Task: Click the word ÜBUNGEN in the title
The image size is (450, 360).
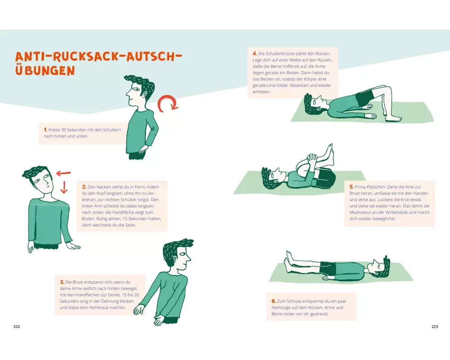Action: click(x=45, y=70)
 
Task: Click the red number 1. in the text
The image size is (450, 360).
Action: click(x=45, y=130)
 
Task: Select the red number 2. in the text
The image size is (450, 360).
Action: click(x=84, y=187)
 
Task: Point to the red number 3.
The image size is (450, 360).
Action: click(x=62, y=282)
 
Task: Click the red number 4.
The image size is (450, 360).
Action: click(x=255, y=54)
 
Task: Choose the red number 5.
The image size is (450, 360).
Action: click(x=351, y=187)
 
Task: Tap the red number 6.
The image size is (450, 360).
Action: click(x=274, y=301)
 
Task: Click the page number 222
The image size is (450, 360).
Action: click(x=17, y=326)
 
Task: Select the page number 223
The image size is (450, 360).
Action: click(x=435, y=326)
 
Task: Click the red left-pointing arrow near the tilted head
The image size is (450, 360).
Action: click(x=63, y=173)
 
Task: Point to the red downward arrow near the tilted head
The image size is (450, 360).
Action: click(x=64, y=187)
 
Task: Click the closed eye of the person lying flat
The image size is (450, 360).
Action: click(x=382, y=267)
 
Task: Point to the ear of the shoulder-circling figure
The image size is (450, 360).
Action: click(x=145, y=94)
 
